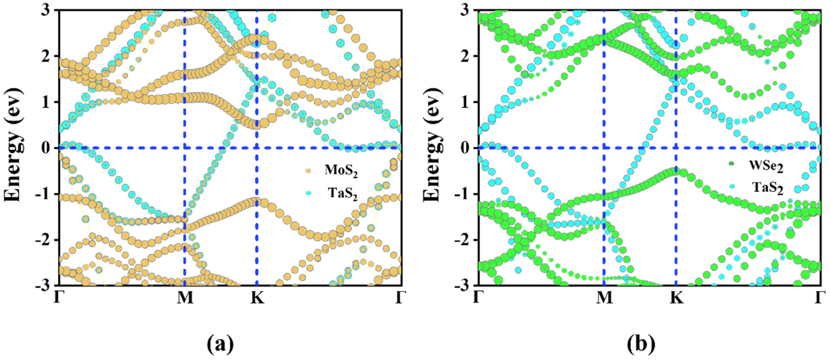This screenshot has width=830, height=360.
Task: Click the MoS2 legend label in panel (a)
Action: [x=341, y=171]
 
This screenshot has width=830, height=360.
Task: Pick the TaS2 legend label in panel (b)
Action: [x=768, y=188]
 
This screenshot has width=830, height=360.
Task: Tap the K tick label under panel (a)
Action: [x=257, y=298]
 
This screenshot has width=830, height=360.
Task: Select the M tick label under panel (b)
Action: [x=604, y=298]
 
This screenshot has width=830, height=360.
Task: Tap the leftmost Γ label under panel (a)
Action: [x=58, y=298]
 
